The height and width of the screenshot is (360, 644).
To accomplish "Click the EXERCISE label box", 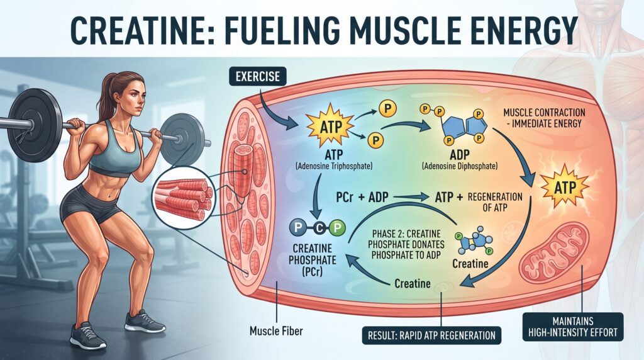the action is [258, 76].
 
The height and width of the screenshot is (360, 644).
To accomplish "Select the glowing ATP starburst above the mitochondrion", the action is [565, 188].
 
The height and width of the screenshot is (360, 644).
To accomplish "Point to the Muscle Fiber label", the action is [276, 330].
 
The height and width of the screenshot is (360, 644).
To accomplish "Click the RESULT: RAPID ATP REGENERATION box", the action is [431, 335].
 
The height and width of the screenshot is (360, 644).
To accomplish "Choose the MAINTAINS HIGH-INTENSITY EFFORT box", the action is [573, 327].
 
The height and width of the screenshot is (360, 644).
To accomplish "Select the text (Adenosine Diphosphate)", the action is [460, 166].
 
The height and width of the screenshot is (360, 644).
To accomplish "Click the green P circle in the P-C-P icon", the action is [337, 228].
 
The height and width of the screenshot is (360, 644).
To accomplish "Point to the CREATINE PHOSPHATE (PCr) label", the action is [312, 260].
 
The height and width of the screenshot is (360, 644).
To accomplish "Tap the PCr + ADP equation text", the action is [362, 197].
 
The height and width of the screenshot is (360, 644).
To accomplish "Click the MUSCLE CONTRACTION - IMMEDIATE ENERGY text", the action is [544, 118].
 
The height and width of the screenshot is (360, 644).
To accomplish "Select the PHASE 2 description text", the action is [406, 245].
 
